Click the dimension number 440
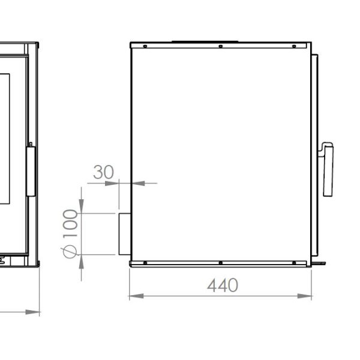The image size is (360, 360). (x=223, y=286)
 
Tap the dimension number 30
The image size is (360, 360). (x=103, y=172)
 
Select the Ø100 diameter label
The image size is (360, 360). (x=70, y=234)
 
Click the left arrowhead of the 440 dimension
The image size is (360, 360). (x=136, y=296)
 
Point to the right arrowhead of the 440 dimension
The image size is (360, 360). (x=304, y=296)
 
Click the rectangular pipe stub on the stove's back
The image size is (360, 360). (x=125, y=234)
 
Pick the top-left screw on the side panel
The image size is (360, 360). (x=145, y=46)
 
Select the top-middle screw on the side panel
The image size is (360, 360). (x=220, y=46)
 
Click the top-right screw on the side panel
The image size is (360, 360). (x=294, y=46)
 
